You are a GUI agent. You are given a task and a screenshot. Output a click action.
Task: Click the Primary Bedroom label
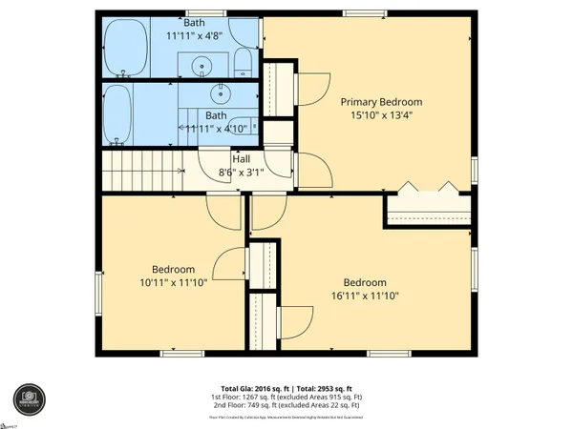(x=381, y=102)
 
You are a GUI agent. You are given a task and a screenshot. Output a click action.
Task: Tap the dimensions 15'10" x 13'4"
(x=381, y=117)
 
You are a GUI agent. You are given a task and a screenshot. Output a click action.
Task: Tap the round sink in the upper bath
(x=202, y=67)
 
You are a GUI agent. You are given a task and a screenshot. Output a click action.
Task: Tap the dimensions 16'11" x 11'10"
(x=365, y=296)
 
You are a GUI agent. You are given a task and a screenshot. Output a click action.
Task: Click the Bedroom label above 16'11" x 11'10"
(x=365, y=282)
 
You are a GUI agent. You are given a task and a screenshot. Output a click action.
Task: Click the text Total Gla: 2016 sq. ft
(x=250, y=389)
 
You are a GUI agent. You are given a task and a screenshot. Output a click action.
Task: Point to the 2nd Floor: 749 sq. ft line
(x=286, y=407)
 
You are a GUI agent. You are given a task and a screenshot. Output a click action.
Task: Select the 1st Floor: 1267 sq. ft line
(x=286, y=398)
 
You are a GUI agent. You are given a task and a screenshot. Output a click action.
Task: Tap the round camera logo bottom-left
(x=29, y=399)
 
